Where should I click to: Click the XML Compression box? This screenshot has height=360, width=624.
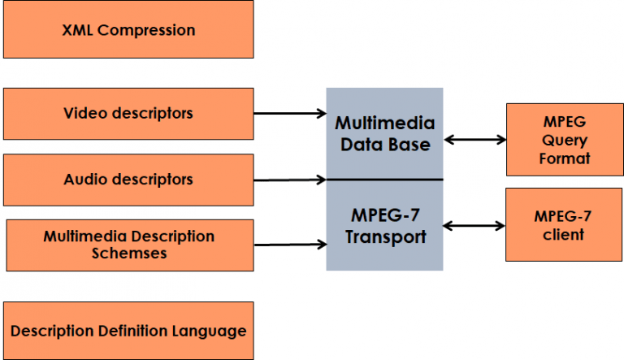pos(128,31)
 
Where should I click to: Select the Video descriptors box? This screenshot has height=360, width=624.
pos(128,114)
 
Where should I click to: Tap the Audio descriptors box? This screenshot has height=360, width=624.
pos(128,180)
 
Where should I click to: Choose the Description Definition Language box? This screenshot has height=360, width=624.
pos(128,332)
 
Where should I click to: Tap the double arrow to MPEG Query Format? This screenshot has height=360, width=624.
pos(474,140)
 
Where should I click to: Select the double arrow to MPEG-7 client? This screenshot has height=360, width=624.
pos(474,225)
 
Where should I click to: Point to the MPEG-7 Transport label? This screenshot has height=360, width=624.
pos(385,228)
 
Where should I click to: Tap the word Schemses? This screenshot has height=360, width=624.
pos(129,254)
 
